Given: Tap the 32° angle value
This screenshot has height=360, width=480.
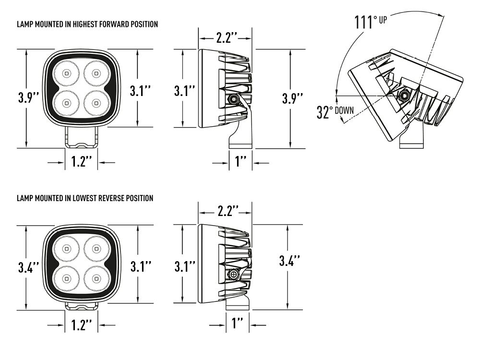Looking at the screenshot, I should coord(324,112).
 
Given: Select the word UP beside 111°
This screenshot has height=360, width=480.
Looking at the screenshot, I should coord(384,21).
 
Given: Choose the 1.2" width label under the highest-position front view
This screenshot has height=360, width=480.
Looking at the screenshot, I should coord(82,162).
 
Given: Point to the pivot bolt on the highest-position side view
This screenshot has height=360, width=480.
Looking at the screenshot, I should coord(234,99).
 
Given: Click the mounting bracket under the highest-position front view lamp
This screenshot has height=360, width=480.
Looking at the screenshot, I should coord(82,137).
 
